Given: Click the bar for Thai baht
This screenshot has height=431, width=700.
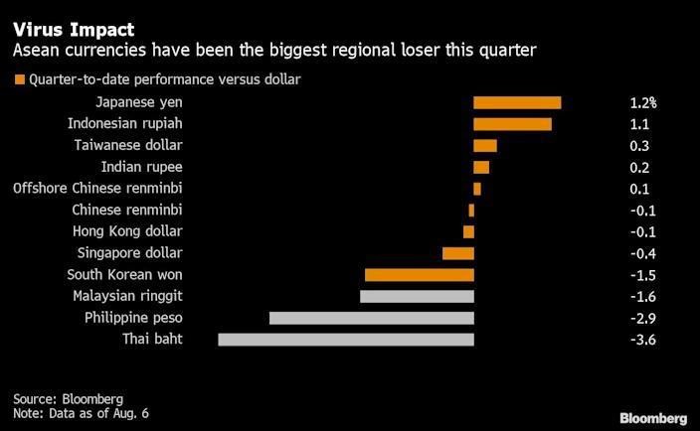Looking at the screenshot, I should tap(346, 340).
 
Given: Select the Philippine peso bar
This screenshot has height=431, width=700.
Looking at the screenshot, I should tap(372, 318).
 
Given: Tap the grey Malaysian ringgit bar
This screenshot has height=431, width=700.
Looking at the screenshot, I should tap(417, 296).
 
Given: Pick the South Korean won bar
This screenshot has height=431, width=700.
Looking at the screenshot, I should tap(420, 274).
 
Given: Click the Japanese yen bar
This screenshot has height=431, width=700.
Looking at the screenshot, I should tap(517, 102).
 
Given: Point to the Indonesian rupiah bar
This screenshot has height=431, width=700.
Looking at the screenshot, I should tap(512, 124).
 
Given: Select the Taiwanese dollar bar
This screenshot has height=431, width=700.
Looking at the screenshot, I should tap(485, 146).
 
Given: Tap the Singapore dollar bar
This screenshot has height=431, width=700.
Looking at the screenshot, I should tap(458, 253).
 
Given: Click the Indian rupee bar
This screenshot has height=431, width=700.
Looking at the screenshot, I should tap(481, 167).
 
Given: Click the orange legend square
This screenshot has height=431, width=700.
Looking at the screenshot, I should tap(18, 79).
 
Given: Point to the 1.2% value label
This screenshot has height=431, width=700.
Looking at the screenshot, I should tap(643, 102).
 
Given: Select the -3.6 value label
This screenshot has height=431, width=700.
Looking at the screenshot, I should tap(643, 340).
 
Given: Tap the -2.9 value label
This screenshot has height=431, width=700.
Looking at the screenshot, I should tap(643, 318).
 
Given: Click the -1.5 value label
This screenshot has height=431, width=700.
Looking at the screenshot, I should tap(643, 274).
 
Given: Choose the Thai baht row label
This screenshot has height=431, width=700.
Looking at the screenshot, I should tap(152, 340).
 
